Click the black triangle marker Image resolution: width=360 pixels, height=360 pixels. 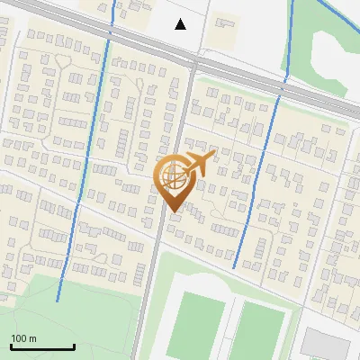pos(181,24)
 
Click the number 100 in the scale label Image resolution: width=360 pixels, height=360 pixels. pos(19,338)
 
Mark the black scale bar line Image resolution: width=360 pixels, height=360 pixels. pos(42,346)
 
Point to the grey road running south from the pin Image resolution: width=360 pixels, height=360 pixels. pos(153,279)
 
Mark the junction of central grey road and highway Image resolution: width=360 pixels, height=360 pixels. pos(193,60)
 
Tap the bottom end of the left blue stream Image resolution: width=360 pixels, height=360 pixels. pos(58,301)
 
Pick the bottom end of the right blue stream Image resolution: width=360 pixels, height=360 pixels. pos(234,267)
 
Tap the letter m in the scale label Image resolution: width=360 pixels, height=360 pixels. pos(33,338)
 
